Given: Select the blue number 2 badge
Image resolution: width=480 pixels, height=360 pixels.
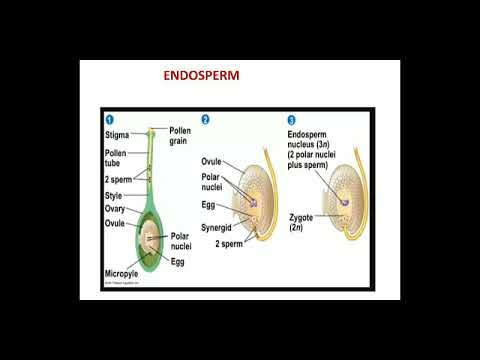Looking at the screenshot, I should coord(206,119).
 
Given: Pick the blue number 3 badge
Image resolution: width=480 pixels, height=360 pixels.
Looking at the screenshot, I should coord(291,119).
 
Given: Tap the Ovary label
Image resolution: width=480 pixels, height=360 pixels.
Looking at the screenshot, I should coord(116,209).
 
